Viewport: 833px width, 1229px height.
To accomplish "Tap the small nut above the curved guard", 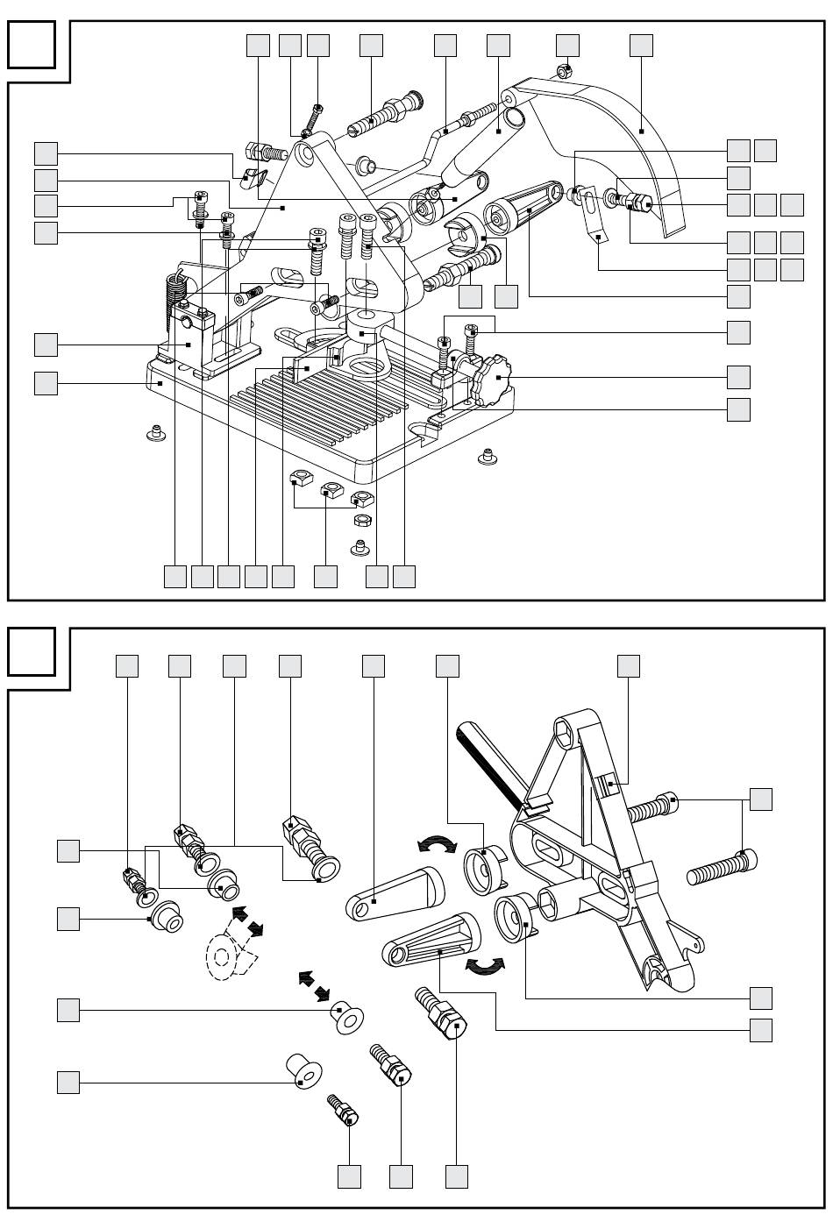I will pos(566,69).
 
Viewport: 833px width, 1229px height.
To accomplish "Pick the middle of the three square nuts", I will pos(331,491).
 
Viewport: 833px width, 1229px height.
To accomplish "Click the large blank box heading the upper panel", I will pos(32,44).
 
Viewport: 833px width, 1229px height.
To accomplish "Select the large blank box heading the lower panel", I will pos(32,652).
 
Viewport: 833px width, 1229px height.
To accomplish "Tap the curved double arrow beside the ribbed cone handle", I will pos(485,965).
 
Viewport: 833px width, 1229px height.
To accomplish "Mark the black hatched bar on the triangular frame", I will pos(488,757).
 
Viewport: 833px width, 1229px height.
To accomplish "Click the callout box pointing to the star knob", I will pos(738,377).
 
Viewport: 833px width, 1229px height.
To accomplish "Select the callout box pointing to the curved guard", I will pos(641,45).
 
